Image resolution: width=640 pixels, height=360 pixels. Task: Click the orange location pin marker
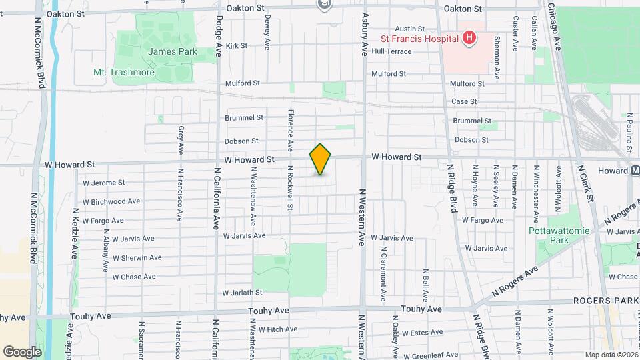click(321, 159)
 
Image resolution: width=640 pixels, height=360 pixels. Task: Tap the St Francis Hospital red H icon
click(469, 38)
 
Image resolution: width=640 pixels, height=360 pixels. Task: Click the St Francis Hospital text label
click(418, 38)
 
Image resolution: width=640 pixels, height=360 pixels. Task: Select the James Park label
click(164, 51)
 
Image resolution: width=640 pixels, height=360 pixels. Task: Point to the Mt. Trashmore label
click(124, 72)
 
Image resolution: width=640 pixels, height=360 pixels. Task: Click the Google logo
click(22, 351)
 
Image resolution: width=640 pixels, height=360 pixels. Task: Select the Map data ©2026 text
click(611, 355)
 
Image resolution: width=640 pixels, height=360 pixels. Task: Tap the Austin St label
click(410, 29)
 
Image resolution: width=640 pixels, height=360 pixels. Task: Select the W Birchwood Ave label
click(111, 201)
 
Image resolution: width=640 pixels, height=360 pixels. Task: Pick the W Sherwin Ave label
click(137, 257)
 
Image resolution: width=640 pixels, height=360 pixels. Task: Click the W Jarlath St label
click(243, 293)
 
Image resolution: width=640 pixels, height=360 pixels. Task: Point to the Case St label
click(464, 101)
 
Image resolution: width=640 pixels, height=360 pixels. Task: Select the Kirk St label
click(237, 46)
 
